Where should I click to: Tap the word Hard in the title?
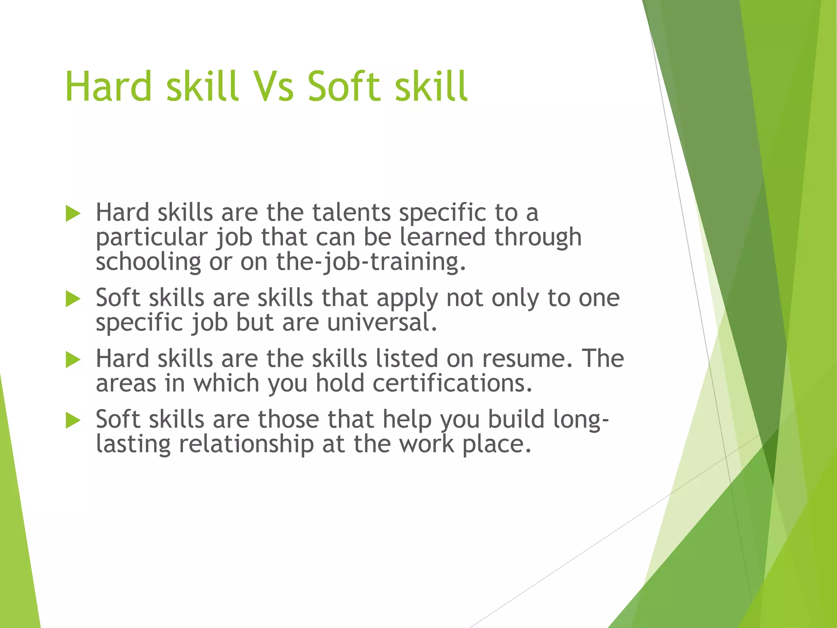click(x=108, y=87)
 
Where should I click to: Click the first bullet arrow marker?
click(x=73, y=214)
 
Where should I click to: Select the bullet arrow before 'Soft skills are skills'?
click(x=73, y=299)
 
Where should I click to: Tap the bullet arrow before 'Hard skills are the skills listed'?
click(x=73, y=360)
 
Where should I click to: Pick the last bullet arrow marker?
click(x=73, y=420)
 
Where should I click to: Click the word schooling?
click(x=148, y=262)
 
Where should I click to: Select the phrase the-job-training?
click(x=370, y=262)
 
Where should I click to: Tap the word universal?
click(x=382, y=323)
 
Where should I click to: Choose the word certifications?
click(x=452, y=384)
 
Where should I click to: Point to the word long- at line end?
click(x=581, y=420)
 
